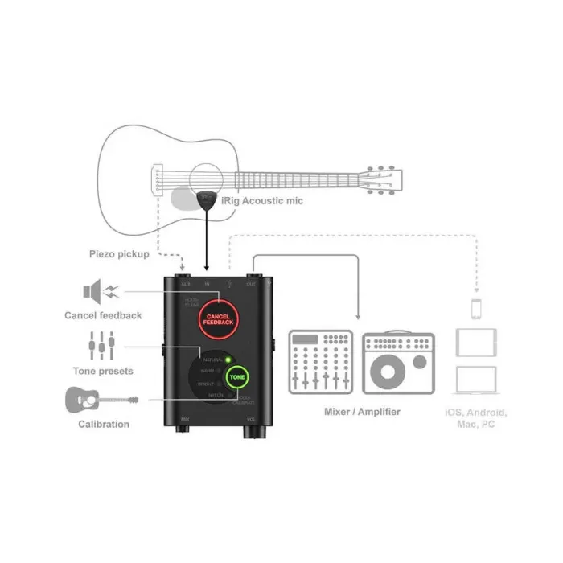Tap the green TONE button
[x=238, y=376]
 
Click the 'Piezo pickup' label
[x=119, y=254]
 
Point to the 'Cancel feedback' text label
[x=103, y=315]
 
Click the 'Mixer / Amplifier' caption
[x=362, y=412]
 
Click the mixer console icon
[x=319, y=361]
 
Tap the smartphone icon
[x=475, y=309]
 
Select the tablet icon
[x=475, y=342]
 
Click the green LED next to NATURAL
[x=228, y=359]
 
